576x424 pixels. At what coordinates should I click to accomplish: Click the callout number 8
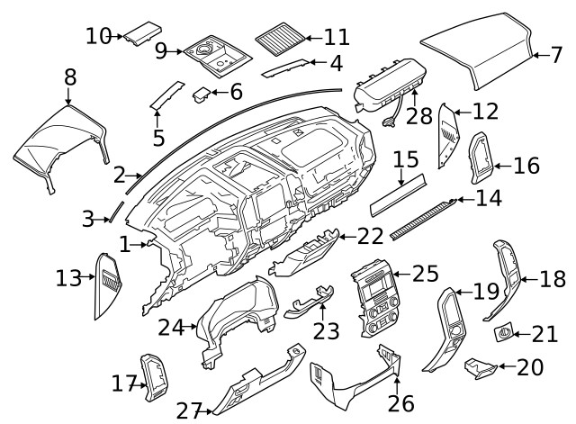(69, 78)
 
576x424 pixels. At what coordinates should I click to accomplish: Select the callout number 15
(406, 161)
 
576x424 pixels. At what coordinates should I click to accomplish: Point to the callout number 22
(370, 236)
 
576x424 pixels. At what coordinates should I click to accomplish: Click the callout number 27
(189, 411)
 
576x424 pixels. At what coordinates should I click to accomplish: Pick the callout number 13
(67, 278)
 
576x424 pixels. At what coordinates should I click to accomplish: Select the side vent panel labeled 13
(109, 284)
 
